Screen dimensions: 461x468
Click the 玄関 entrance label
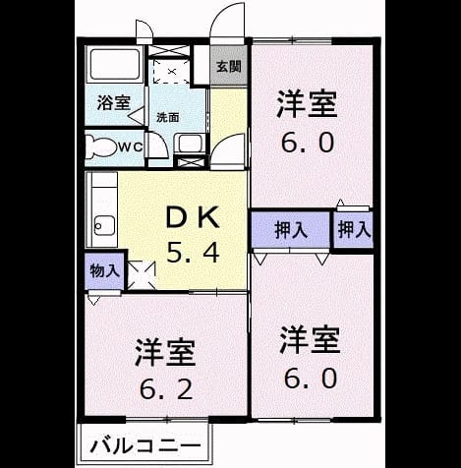[x=229, y=67]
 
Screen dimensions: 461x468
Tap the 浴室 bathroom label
[x=114, y=103]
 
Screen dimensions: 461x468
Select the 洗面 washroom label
[x=167, y=117]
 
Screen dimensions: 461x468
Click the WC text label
[x=130, y=147]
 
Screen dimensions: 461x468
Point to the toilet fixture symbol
[x=101, y=147]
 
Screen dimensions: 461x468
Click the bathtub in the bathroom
[x=114, y=65]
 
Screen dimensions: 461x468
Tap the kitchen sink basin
[x=104, y=225]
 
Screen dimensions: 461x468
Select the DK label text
[x=193, y=217]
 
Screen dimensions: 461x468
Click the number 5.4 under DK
[x=193, y=253]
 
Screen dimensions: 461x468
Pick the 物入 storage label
[x=104, y=271]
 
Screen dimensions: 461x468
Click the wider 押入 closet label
[x=291, y=230]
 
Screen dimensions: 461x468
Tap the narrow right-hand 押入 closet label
[x=354, y=229]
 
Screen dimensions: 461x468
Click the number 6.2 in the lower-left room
[x=166, y=389]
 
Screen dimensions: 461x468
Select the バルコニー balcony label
[x=145, y=445]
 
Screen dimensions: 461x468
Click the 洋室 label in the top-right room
[x=307, y=104]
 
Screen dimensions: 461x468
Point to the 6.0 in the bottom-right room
[x=311, y=378]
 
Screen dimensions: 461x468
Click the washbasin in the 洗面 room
[x=190, y=144]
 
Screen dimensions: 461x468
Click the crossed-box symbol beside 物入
[x=141, y=274]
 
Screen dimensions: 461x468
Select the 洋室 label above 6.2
[x=166, y=352]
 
